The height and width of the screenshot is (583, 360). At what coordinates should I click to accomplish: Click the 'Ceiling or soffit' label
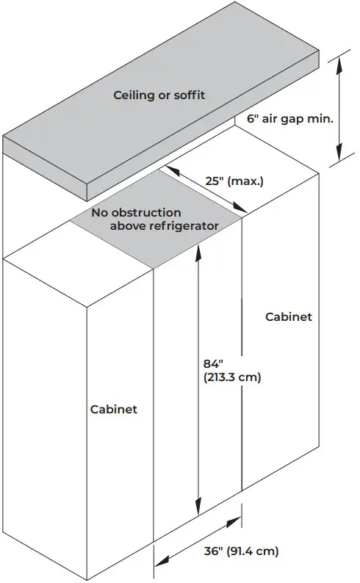tap(159, 95)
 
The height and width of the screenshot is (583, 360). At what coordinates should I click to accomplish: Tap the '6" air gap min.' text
tap(290, 119)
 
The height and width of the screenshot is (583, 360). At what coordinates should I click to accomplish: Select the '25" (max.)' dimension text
tap(234, 181)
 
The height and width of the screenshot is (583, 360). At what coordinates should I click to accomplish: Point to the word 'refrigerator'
tap(184, 225)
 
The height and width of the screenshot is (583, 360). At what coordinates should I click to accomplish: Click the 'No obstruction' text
tap(136, 213)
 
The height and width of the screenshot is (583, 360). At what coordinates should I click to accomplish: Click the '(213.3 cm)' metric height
tap(232, 377)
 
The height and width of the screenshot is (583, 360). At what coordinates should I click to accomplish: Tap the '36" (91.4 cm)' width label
tap(241, 551)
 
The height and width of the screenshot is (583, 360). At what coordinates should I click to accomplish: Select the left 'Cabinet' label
tap(114, 410)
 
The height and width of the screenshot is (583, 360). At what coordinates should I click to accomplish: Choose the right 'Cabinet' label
tap(289, 316)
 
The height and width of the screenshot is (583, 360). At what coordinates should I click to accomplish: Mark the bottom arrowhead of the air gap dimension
tap(339, 153)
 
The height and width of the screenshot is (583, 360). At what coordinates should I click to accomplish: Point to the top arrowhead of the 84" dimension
tap(198, 250)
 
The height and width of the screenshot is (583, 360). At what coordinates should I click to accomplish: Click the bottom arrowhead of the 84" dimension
tap(198, 507)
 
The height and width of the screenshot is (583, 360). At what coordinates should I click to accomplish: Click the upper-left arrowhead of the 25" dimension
tap(172, 170)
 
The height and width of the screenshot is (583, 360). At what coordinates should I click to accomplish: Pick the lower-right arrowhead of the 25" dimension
tap(240, 208)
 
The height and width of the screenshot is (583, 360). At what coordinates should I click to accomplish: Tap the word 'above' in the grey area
tap(128, 225)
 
